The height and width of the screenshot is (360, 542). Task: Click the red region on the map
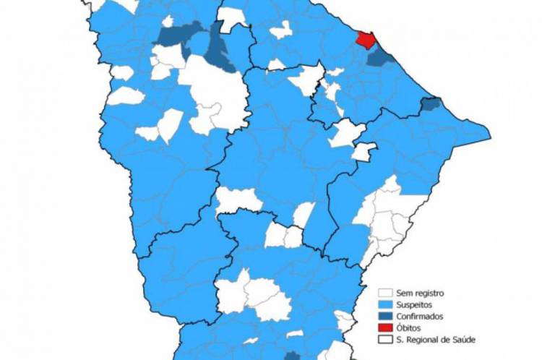364,39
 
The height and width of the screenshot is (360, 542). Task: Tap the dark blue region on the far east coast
431,104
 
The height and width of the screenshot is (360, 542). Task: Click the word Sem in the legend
403,293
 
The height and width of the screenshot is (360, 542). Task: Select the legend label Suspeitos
415,304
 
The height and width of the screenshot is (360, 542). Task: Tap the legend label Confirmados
420,316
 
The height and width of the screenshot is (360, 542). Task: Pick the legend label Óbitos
409,327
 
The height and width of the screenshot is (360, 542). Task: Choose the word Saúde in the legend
463,339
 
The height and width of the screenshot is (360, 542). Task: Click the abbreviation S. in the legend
400,339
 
